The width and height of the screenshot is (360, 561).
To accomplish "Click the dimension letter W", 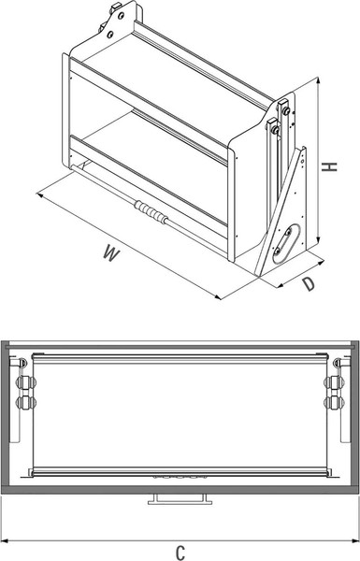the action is [x=111, y=252].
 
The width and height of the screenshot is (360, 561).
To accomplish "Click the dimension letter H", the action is [x=329, y=166].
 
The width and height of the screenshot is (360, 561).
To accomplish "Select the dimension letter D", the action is [x=309, y=284].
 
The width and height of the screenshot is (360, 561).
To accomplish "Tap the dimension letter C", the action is [x=180, y=552].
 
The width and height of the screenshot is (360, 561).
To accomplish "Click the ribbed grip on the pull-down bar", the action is [x=151, y=212].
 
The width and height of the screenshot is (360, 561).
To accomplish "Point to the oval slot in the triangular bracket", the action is [x=286, y=243].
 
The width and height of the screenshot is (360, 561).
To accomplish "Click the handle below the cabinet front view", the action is [x=180, y=498].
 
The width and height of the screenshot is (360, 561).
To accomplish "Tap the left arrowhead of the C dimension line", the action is [x=5, y=539].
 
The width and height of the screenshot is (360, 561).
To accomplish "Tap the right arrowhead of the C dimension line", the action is [x=354, y=539].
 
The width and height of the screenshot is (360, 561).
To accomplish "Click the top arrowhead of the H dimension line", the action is [x=317, y=80].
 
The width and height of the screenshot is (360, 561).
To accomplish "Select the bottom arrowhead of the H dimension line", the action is [x=317, y=239].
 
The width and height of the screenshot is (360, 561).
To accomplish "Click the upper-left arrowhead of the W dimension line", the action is [x=40, y=195].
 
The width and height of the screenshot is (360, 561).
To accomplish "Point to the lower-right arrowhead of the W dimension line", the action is [x=218, y=296].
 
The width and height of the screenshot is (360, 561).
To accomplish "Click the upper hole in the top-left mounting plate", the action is [x=121, y=16].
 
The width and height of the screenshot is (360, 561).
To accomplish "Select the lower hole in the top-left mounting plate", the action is [x=110, y=35].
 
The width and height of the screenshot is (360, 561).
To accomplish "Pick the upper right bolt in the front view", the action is [x=335, y=382].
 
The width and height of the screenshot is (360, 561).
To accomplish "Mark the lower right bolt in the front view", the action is [x=335, y=403].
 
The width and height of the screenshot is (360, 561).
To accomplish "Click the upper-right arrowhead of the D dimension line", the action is [x=321, y=263].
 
